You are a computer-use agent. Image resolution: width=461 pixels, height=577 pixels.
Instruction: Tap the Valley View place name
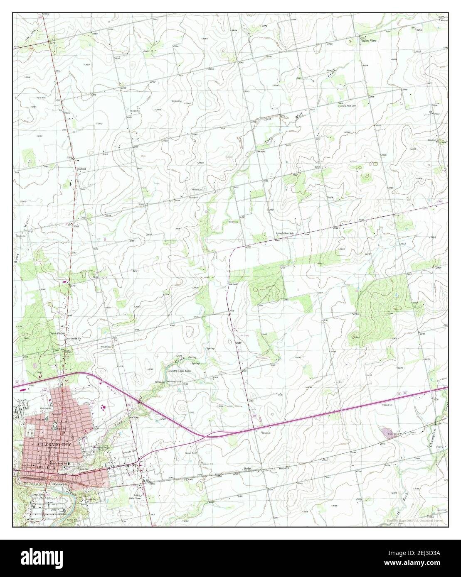(368, 41)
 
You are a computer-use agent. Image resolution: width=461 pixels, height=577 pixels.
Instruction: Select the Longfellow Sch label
(286, 233)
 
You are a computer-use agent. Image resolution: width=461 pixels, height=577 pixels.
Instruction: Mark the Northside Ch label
(75, 339)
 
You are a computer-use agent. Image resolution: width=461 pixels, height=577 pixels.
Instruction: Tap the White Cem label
(197, 190)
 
